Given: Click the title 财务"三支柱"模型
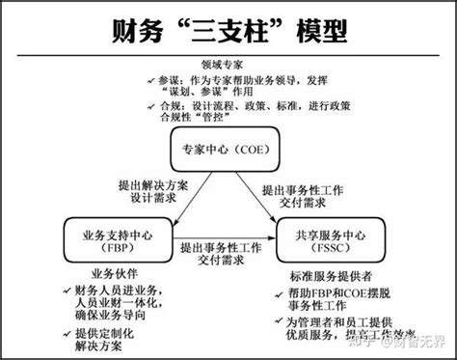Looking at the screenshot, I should click(228, 29).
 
